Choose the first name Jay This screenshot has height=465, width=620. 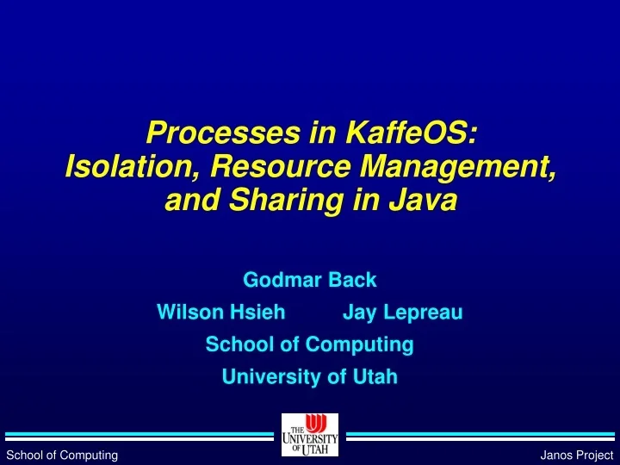[358, 313]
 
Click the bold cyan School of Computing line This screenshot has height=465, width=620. [310, 344]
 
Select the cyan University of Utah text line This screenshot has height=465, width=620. [310, 376]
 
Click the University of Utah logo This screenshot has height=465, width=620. [309, 435]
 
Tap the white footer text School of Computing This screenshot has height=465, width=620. [62, 455]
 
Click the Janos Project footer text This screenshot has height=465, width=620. [576, 455]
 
